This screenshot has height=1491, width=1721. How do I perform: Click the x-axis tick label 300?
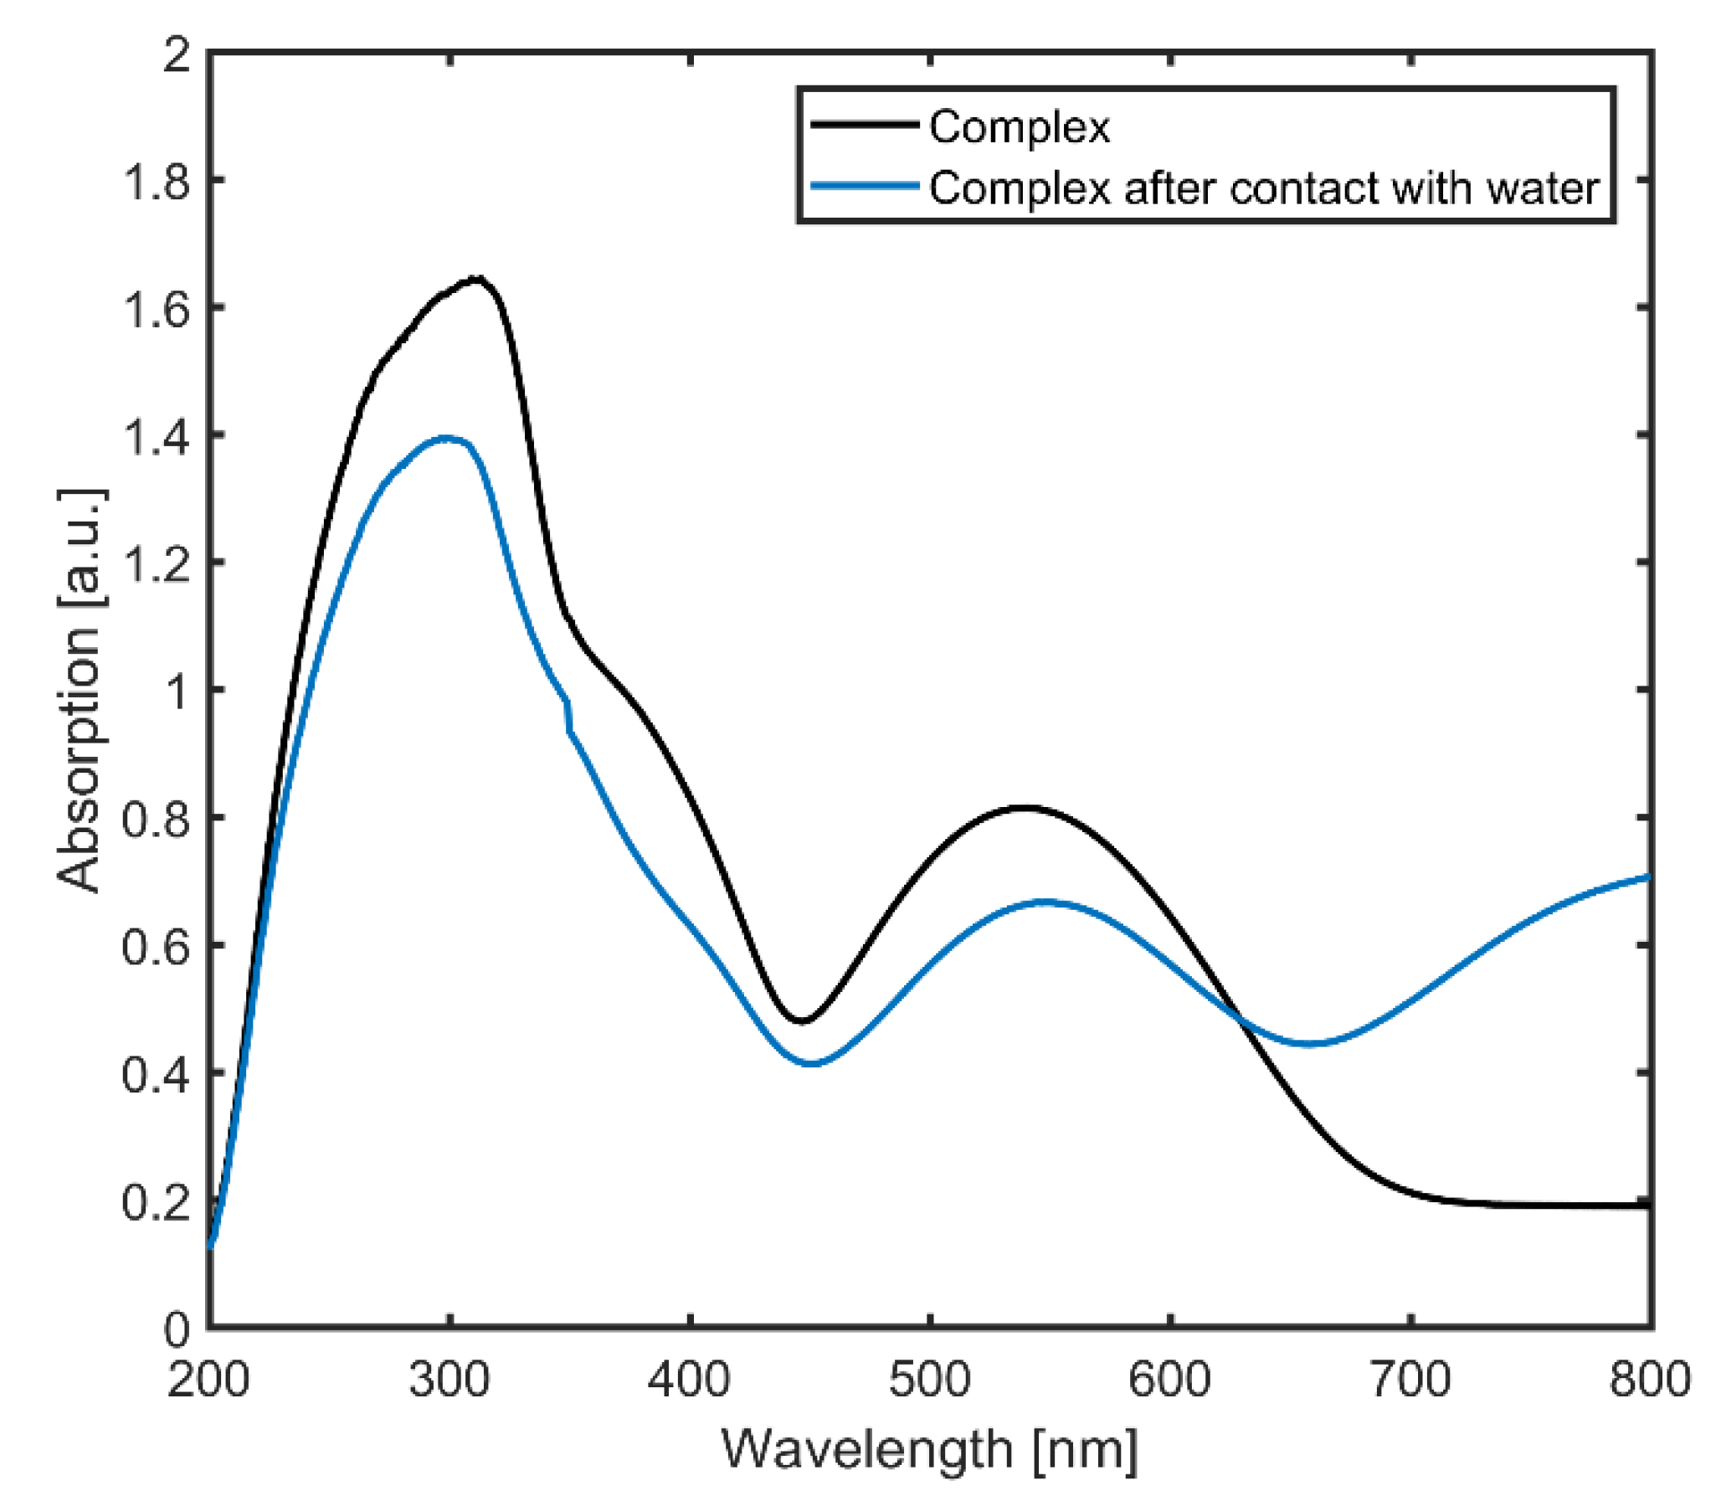(450, 1380)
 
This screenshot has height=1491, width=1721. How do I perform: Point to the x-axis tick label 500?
(930, 1380)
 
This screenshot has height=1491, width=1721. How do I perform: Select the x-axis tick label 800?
(1650, 1380)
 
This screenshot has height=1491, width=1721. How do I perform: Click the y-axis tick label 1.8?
(157, 181)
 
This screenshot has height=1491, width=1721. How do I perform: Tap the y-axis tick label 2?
(176, 55)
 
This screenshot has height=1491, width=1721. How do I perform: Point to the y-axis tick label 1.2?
(157, 563)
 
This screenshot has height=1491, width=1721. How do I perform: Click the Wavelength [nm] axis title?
(930, 1450)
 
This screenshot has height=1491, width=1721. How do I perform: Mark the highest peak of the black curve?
(477, 278)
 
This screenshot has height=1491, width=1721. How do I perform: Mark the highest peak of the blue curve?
(446, 438)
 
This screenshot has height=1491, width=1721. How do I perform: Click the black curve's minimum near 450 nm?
(802, 1021)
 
